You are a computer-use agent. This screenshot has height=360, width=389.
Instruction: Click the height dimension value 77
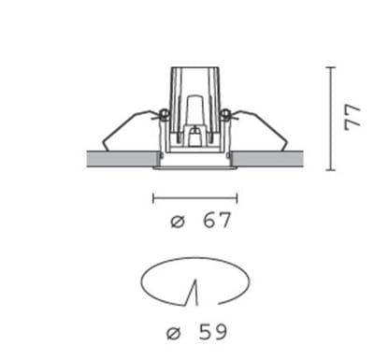(x=353, y=118)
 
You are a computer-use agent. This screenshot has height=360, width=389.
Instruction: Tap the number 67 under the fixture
(x=217, y=221)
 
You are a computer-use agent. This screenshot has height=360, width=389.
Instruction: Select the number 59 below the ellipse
(x=212, y=332)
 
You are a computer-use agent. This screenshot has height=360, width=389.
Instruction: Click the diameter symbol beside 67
(x=178, y=222)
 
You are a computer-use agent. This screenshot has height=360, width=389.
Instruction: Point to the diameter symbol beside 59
(x=174, y=333)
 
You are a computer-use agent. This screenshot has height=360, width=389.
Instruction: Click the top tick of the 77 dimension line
(x=331, y=67)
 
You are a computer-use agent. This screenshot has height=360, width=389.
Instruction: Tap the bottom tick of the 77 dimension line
(x=331, y=170)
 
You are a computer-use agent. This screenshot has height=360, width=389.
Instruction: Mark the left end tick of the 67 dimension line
(x=153, y=198)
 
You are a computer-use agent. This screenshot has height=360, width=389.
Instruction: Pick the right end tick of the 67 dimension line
(x=238, y=198)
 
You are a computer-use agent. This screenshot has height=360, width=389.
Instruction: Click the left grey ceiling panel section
(x=122, y=159)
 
